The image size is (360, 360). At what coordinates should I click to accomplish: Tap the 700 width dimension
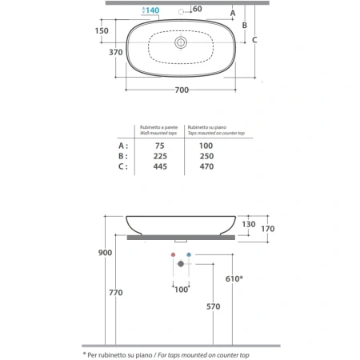[182, 90]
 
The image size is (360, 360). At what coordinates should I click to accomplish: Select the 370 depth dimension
[116, 52]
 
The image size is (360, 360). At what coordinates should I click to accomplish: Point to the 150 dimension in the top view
[102, 30]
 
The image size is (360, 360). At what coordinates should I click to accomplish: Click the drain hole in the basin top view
[181, 42]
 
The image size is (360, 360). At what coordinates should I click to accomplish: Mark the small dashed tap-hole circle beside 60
[181, 12]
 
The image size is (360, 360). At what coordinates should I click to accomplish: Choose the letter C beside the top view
[254, 40]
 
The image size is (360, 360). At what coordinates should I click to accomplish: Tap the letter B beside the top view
[245, 26]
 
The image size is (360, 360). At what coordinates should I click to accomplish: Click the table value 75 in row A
[160, 146]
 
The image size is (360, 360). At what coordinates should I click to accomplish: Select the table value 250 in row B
[206, 156]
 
